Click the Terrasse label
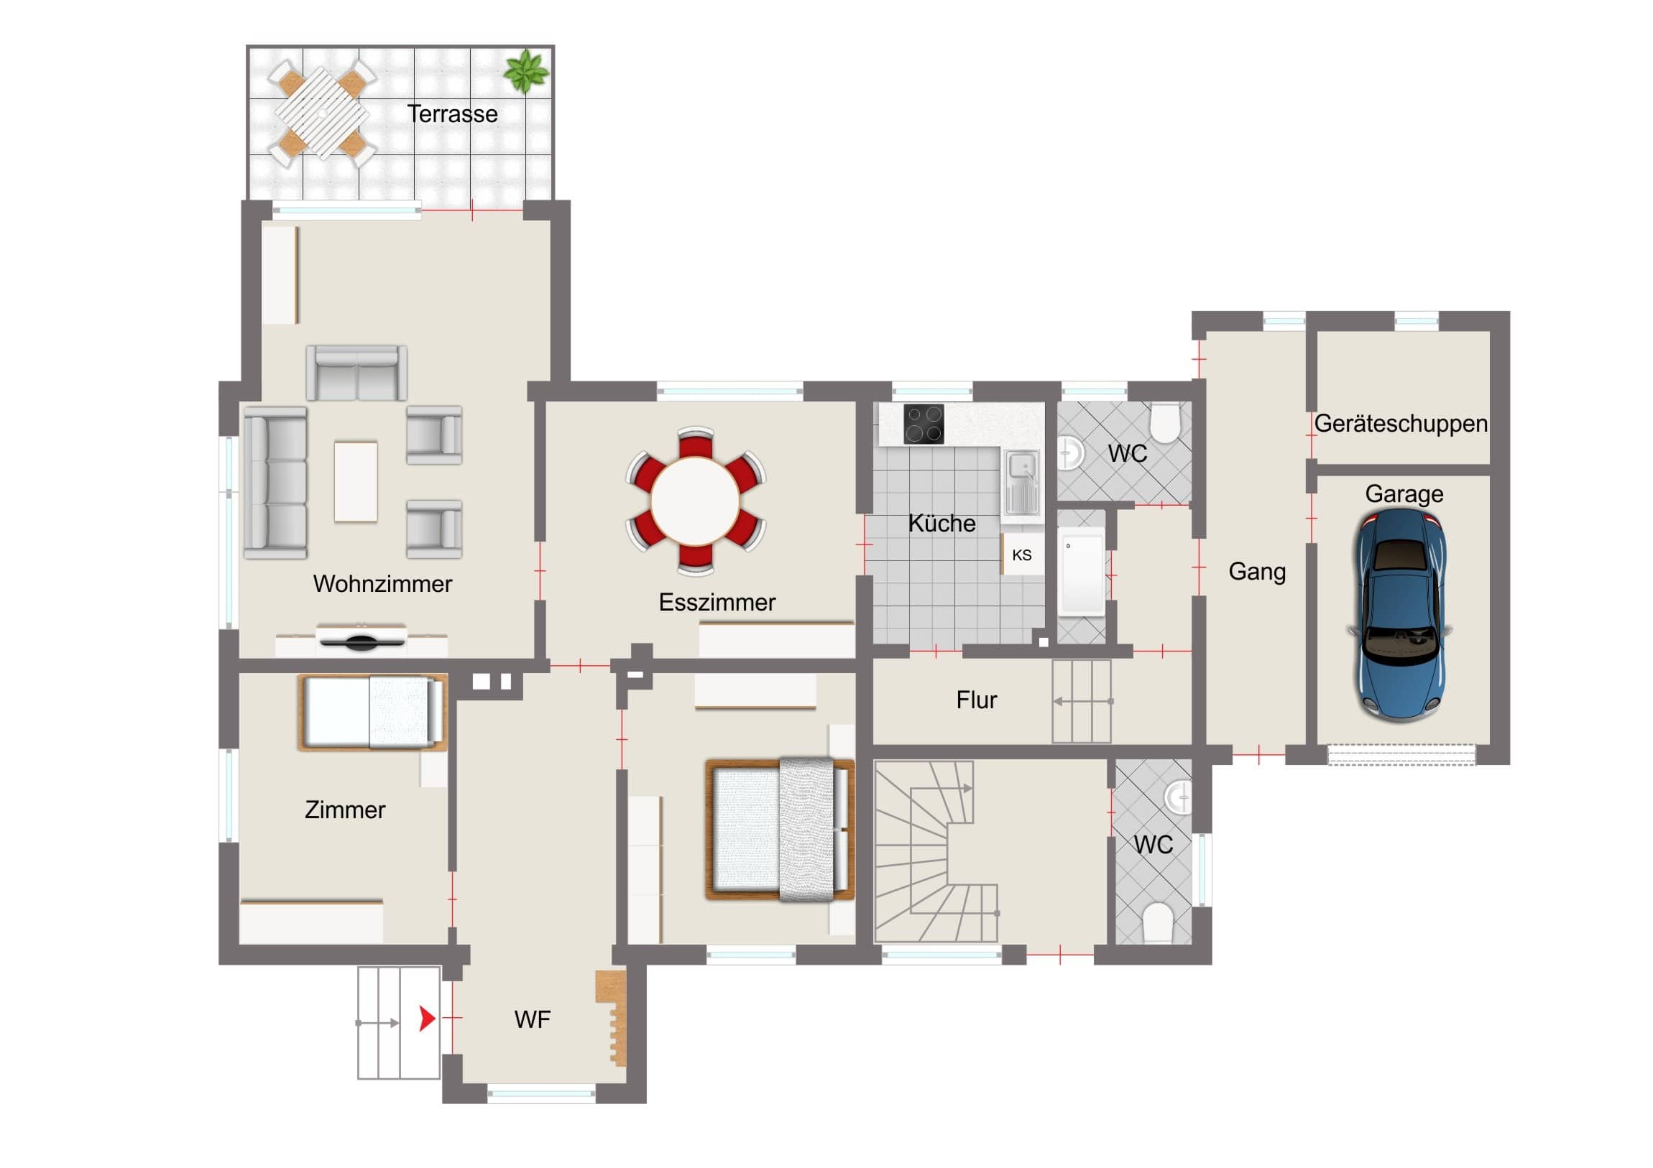(x=452, y=113)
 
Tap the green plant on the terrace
(x=526, y=70)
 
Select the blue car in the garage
(x=1401, y=616)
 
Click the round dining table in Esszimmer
(x=696, y=501)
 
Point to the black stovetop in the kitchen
(x=924, y=424)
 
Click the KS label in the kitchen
(x=1021, y=555)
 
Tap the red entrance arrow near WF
(x=428, y=1019)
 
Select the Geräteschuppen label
(x=1401, y=424)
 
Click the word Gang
(x=1257, y=571)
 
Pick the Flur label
(x=976, y=700)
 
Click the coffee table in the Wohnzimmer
(x=356, y=481)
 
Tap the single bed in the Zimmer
(x=373, y=712)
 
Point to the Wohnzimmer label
(x=382, y=583)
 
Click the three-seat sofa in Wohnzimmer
(x=275, y=483)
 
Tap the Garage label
(x=1404, y=494)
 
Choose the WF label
(x=532, y=1019)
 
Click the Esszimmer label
(x=717, y=603)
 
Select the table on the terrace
(x=322, y=113)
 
